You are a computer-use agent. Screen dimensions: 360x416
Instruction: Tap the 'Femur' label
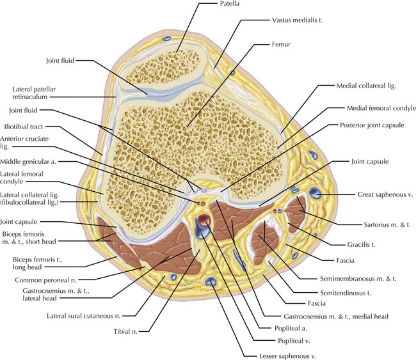(x=264, y=46)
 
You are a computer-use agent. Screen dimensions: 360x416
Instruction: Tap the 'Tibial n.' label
(x=136, y=331)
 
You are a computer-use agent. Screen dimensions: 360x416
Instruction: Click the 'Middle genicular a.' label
(x=31, y=162)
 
